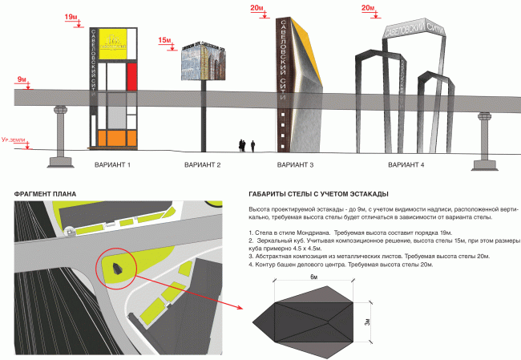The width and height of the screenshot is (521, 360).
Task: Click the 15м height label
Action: click(x=165, y=39)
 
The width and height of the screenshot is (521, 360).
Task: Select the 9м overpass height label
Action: click(x=20, y=79)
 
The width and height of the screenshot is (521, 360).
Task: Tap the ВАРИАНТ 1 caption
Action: click(x=112, y=164)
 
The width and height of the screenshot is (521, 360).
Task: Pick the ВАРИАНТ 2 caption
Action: click(x=202, y=164)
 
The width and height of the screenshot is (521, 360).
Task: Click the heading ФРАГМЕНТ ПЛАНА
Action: click(x=39, y=194)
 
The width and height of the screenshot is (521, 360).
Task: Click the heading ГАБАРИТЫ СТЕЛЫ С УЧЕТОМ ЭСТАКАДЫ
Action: click(x=319, y=194)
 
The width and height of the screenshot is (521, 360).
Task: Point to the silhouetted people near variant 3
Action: click(x=246, y=145)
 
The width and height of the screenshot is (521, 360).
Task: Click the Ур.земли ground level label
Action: click(x=15, y=141)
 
